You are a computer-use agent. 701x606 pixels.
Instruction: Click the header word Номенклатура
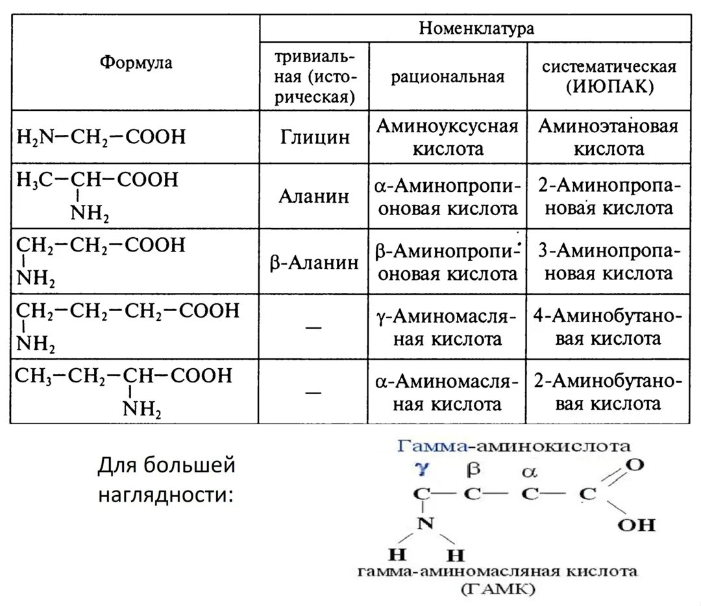point(476,29)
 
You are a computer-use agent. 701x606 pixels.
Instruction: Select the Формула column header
point(136,63)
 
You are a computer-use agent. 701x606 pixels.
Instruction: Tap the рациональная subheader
point(448,76)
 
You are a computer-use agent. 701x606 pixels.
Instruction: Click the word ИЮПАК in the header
point(609,87)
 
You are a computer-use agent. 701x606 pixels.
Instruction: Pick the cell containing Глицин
point(315,137)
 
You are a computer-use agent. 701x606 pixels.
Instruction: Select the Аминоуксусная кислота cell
point(448,137)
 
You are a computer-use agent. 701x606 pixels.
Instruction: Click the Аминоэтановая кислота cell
point(608,137)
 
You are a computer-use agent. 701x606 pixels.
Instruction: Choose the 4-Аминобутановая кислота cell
point(608,327)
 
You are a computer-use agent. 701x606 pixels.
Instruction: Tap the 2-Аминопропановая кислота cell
point(608,197)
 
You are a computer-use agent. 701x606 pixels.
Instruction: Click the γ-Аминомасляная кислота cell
point(448,327)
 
